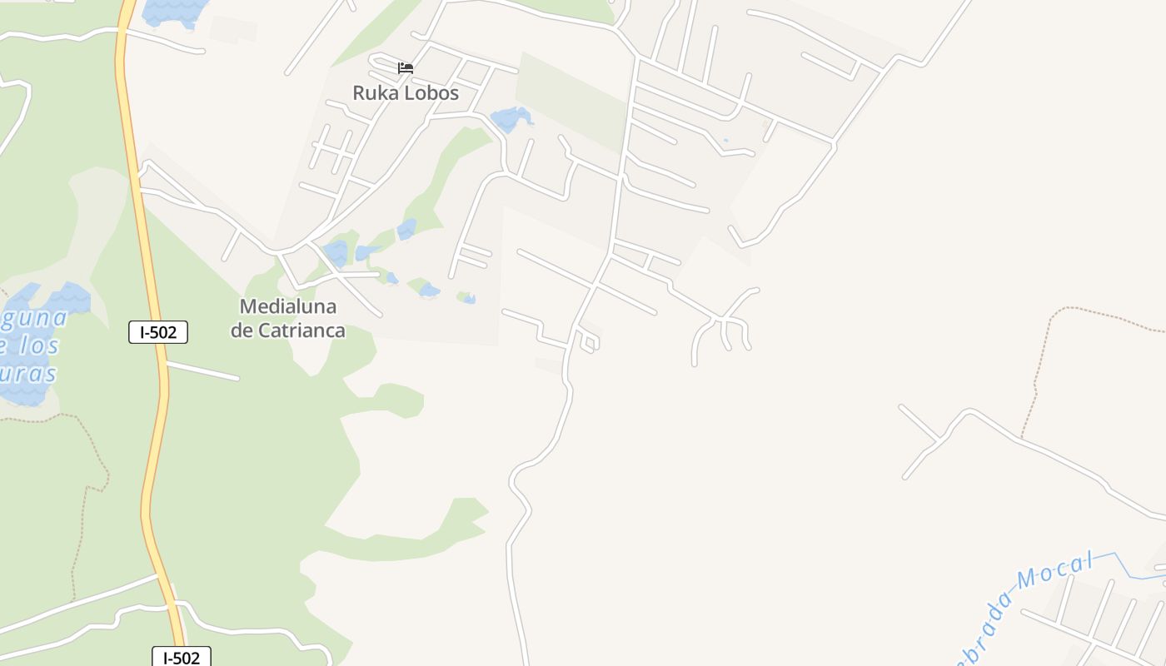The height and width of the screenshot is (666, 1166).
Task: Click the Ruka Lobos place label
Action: click(x=406, y=92)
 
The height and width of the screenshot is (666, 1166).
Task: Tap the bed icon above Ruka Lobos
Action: click(x=406, y=67)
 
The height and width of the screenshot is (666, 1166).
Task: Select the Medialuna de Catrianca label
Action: click(x=288, y=318)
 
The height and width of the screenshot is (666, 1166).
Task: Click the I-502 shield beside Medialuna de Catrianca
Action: click(x=158, y=332)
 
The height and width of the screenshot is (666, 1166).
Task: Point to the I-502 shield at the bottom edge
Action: click(x=182, y=657)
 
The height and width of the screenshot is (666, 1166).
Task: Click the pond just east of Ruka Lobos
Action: click(x=510, y=119)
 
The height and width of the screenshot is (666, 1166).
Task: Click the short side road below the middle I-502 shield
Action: click(x=203, y=371)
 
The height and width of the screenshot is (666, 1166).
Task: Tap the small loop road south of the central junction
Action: click(x=589, y=342)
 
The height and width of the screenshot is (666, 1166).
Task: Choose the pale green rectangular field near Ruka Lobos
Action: click(x=571, y=101)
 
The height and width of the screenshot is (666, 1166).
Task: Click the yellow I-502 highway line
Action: click(x=146, y=250)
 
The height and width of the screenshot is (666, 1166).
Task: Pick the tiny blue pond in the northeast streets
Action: click(x=725, y=141)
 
